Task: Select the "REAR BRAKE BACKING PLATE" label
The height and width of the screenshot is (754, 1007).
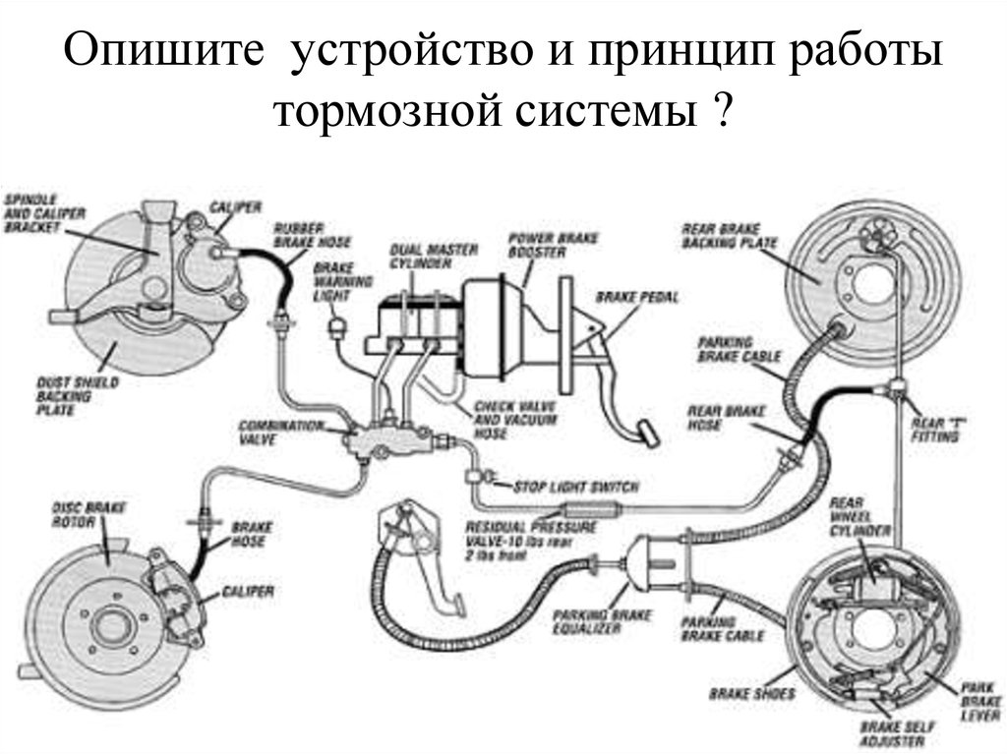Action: click(x=729, y=236)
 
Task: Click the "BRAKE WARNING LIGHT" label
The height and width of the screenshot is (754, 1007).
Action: click(x=335, y=282)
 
